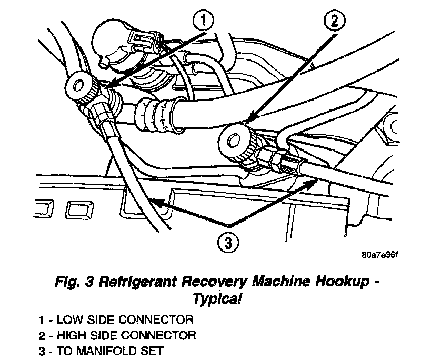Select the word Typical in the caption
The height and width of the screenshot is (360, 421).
coord(217,298)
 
